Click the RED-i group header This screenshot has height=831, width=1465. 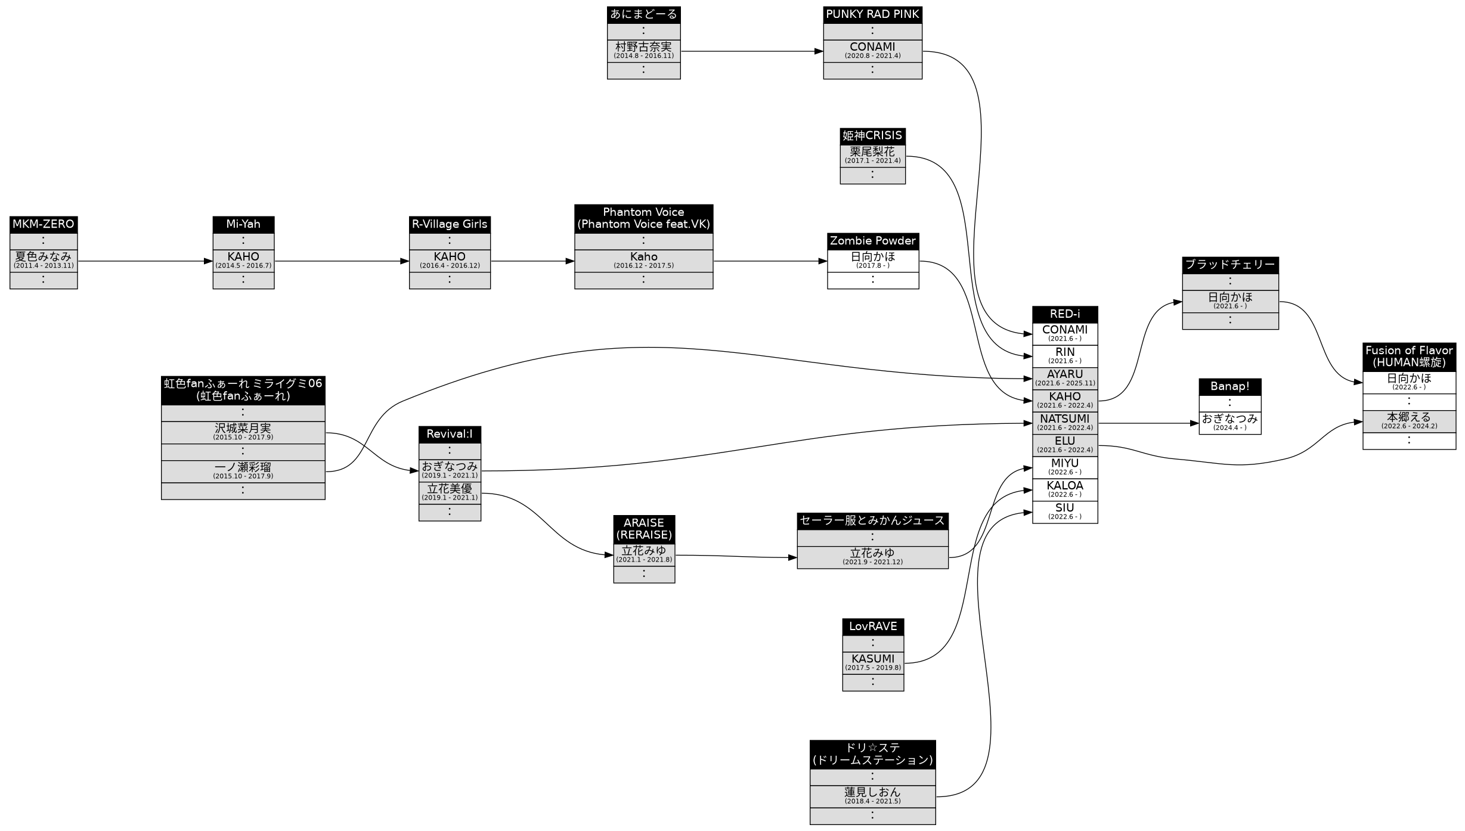click(x=1064, y=314)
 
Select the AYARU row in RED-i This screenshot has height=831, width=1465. click(x=1064, y=378)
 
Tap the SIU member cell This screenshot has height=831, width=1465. click(x=1064, y=511)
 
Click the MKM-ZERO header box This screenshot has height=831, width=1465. click(x=44, y=224)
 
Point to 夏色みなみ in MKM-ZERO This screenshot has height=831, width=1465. click(x=44, y=261)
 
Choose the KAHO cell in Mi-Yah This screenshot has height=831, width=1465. click(x=243, y=261)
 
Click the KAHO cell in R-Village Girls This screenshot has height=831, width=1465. click(x=450, y=261)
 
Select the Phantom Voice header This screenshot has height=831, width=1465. click(x=643, y=218)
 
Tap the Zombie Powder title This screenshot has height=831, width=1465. click(x=872, y=241)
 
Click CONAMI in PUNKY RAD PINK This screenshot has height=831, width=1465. click(x=872, y=51)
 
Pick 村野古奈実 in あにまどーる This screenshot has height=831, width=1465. click(x=643, y=51)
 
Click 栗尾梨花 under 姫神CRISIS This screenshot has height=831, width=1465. click(x=872, y=156)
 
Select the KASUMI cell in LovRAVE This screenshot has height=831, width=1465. click(x=872, y=662)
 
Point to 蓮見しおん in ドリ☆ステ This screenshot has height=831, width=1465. click(x=872, y=796)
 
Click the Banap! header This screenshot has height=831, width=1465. click(x=1229, y=386)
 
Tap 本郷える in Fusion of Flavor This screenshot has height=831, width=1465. click(x=1409, y=421)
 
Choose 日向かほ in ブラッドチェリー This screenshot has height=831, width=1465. click(x=1230, y=301)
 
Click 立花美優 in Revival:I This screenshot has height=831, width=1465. click(x=450, y=492)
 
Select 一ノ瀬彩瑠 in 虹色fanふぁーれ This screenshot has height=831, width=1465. click(x=243, y=471)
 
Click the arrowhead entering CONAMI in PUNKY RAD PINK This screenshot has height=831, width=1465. click(x=819, y=51)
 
